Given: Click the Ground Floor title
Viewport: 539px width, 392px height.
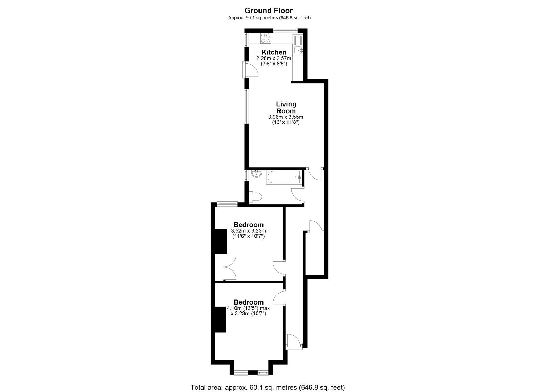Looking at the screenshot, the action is pyautogui.click(x=269, y=11).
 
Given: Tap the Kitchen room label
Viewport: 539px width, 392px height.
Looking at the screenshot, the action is pyautogui.click(x=274, y=52).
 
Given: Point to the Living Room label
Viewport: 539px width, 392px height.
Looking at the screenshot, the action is pyautogui.click(x=286, y=107).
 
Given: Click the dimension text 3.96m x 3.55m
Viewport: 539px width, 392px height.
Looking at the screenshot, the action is pyautogui.click(x=286, y=117).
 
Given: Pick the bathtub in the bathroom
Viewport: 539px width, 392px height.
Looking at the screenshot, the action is pyautogui.click(x=284, y=177).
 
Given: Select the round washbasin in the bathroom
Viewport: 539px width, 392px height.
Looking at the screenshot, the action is pyautogui.click(x=256, y=174).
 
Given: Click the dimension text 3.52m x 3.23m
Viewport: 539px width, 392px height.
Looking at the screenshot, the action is pyautogui.click(x=249, y=231).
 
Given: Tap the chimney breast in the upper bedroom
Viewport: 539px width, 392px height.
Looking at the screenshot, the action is pyautogui.click(x=221, y=241).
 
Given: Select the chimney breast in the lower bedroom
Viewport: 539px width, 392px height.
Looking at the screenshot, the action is pyautogui.click(x=220, y=319).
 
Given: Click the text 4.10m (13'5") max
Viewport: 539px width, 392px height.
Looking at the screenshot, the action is pyautogui.click(x=248, y=308).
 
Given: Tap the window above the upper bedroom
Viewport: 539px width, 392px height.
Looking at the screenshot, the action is pyautogui.click(x=227, y=204).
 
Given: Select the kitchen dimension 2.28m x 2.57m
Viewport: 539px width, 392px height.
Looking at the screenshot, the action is pyautogui.click(x=274, y=58).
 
